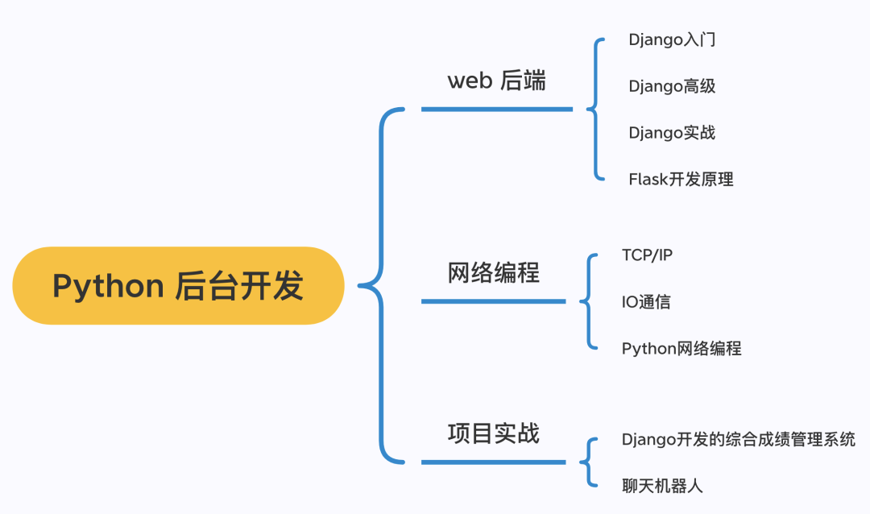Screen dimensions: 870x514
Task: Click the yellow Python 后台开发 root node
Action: click(x=178, y=285)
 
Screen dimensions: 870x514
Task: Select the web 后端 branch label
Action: click(x=496, y=81)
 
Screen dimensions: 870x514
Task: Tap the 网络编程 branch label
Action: click(x=493, y=272)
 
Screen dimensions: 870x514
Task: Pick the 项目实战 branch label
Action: click(x=493, y=433)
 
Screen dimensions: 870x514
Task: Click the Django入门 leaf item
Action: click(x=672, y=40)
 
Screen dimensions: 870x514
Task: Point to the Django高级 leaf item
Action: click(x=672, y=86)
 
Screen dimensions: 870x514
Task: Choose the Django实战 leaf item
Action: click(x=672, y=133)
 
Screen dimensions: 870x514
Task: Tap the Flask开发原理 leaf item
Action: click(x=681, y=180)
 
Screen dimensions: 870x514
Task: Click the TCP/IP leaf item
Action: click(x=647, y=255)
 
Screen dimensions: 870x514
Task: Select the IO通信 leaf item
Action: click(x=646, y=302)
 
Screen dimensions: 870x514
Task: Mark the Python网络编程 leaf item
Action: click(x=681, y=349)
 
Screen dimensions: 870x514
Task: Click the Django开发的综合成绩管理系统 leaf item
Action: click(x=739, y=440)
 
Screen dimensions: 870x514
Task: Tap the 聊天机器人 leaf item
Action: click(x=662, y=487)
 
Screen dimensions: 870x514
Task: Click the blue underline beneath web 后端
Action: click(x=497, y=110)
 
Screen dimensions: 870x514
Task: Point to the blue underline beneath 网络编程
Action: click(x=493, y=301)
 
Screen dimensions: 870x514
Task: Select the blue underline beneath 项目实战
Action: click(x=493, y=462)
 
